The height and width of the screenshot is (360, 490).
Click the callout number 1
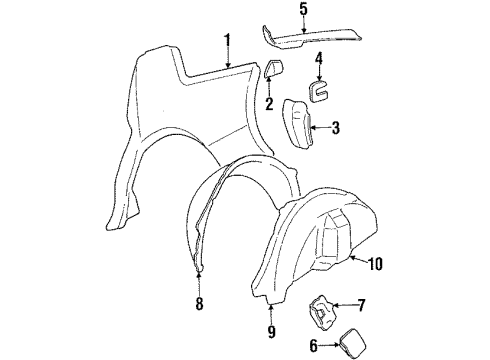[x=227, y=41]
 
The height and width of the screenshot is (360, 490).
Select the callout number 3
[x=335, y=127]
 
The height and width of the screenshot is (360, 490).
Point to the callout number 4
[x=317, y=58]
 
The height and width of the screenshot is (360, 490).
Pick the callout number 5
[x=304, y=10]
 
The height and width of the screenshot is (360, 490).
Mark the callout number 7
[x=362, y=304]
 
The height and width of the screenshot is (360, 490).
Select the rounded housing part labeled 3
[x=299, y=125]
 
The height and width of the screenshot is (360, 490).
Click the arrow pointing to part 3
[x=317, y=127]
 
